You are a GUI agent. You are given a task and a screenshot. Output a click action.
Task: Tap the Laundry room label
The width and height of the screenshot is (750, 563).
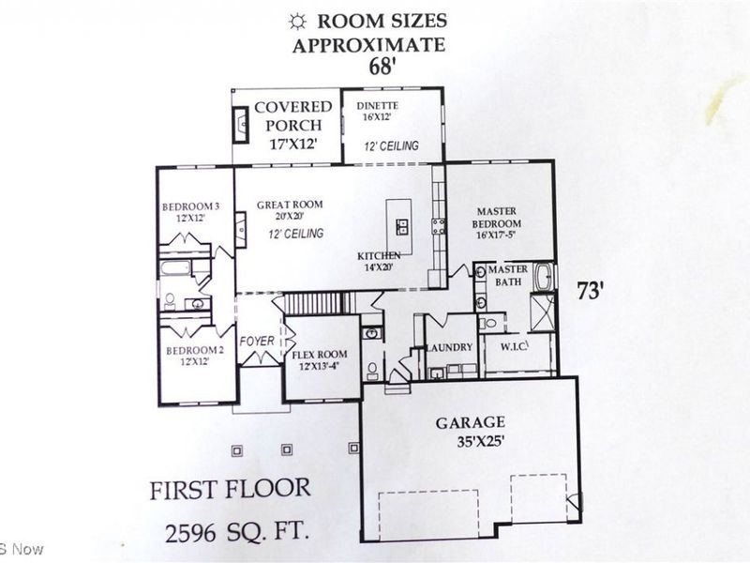[x=450, y=347]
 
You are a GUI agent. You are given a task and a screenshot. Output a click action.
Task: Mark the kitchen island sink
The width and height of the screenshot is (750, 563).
[x=401, y=226]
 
